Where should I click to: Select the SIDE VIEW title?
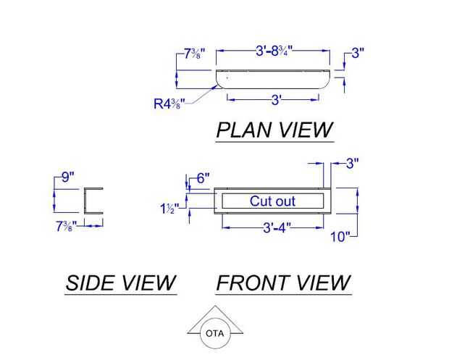[x=120, y=283]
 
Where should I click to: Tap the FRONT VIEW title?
[x=283, y=283]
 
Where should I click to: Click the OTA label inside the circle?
[x=215, y=334]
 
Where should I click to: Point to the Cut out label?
[x=272, y=201]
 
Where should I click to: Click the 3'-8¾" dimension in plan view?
[x=278, y=52]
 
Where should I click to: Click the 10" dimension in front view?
[x=340, y=236]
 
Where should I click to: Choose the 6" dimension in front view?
[x=203, y=177]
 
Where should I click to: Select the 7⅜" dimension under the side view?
[x=67, y=226]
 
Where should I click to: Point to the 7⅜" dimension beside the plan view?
[x=193, y=54]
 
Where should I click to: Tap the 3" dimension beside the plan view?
[x=357, y=53]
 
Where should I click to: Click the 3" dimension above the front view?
[x=352, y=164]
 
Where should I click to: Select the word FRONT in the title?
[x=251, y=283]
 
